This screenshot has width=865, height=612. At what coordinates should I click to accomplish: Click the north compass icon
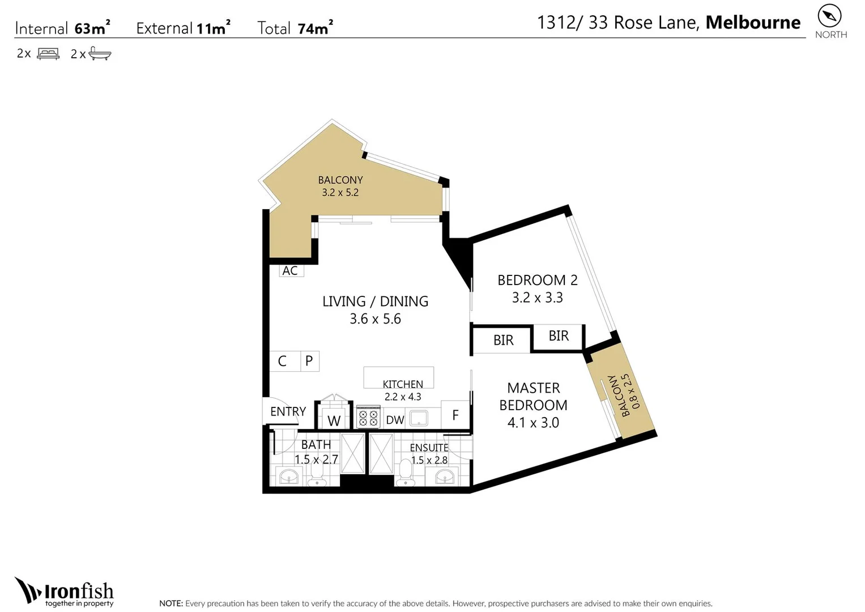(x=829, y=16)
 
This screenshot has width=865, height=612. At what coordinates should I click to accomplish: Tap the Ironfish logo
(x=65, y=592)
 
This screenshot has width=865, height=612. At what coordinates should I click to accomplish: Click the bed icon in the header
(x=48, y=54)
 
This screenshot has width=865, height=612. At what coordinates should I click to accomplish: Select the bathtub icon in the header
(x=100, y=54)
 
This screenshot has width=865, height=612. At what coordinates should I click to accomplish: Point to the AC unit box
(x=291, y=271)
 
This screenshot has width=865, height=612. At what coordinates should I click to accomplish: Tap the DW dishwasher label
(x=395, y=420)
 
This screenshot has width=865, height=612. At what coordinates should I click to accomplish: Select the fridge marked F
(x=455, y=415)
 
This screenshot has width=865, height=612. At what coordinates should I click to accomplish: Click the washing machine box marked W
(x=334, y=420)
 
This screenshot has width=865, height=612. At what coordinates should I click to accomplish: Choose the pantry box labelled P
(x=309, y=361)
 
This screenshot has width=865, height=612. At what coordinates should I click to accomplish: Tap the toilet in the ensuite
(x=406, y=472)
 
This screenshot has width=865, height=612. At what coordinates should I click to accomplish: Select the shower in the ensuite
(x=381, y=453)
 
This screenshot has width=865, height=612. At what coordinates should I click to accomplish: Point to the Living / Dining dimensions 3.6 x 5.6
(x=375, y=319)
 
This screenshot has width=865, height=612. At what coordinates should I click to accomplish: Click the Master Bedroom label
(x=533, y=397)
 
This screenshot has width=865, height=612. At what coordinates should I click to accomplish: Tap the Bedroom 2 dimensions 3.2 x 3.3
(x=537, y=298)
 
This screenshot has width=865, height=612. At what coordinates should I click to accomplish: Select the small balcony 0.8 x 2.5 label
(x=621, y=395)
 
